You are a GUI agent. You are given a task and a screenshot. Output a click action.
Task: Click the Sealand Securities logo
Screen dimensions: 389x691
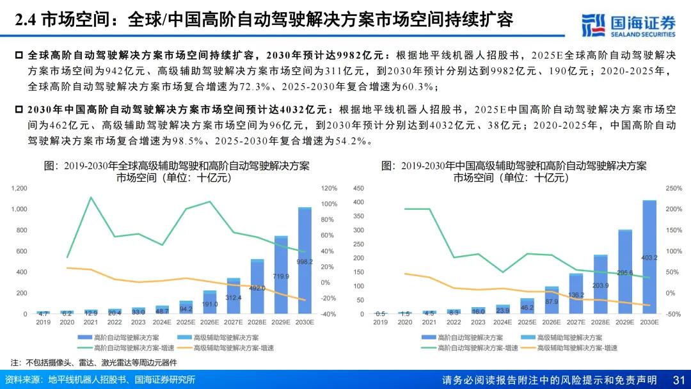628,24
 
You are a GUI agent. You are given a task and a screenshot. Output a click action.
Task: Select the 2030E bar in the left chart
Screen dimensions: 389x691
305,262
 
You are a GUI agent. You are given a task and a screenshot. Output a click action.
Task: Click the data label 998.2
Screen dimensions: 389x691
305,262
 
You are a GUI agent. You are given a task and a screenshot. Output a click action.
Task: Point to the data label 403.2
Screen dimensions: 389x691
649,258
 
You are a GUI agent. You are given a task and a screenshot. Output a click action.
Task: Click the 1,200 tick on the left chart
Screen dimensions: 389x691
19,188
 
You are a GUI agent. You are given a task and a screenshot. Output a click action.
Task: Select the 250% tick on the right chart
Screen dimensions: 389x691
674,188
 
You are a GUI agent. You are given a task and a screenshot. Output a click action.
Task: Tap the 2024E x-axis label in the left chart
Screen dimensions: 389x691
163,322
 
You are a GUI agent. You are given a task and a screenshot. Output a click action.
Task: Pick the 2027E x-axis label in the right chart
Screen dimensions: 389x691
576,322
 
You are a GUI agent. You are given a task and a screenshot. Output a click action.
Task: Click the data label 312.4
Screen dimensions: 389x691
234,298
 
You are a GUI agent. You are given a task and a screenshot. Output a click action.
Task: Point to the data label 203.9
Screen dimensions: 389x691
601,286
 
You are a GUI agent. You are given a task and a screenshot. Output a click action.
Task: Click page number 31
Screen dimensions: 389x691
679,380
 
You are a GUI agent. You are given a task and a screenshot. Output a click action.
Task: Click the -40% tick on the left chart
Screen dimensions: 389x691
329,314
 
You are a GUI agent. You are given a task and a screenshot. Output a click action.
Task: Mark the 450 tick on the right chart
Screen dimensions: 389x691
358,188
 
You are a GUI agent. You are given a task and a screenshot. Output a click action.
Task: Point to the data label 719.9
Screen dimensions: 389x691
281,276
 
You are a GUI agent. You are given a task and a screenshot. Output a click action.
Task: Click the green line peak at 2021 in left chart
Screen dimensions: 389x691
91,197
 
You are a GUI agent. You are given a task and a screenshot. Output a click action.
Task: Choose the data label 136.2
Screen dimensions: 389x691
576,295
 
